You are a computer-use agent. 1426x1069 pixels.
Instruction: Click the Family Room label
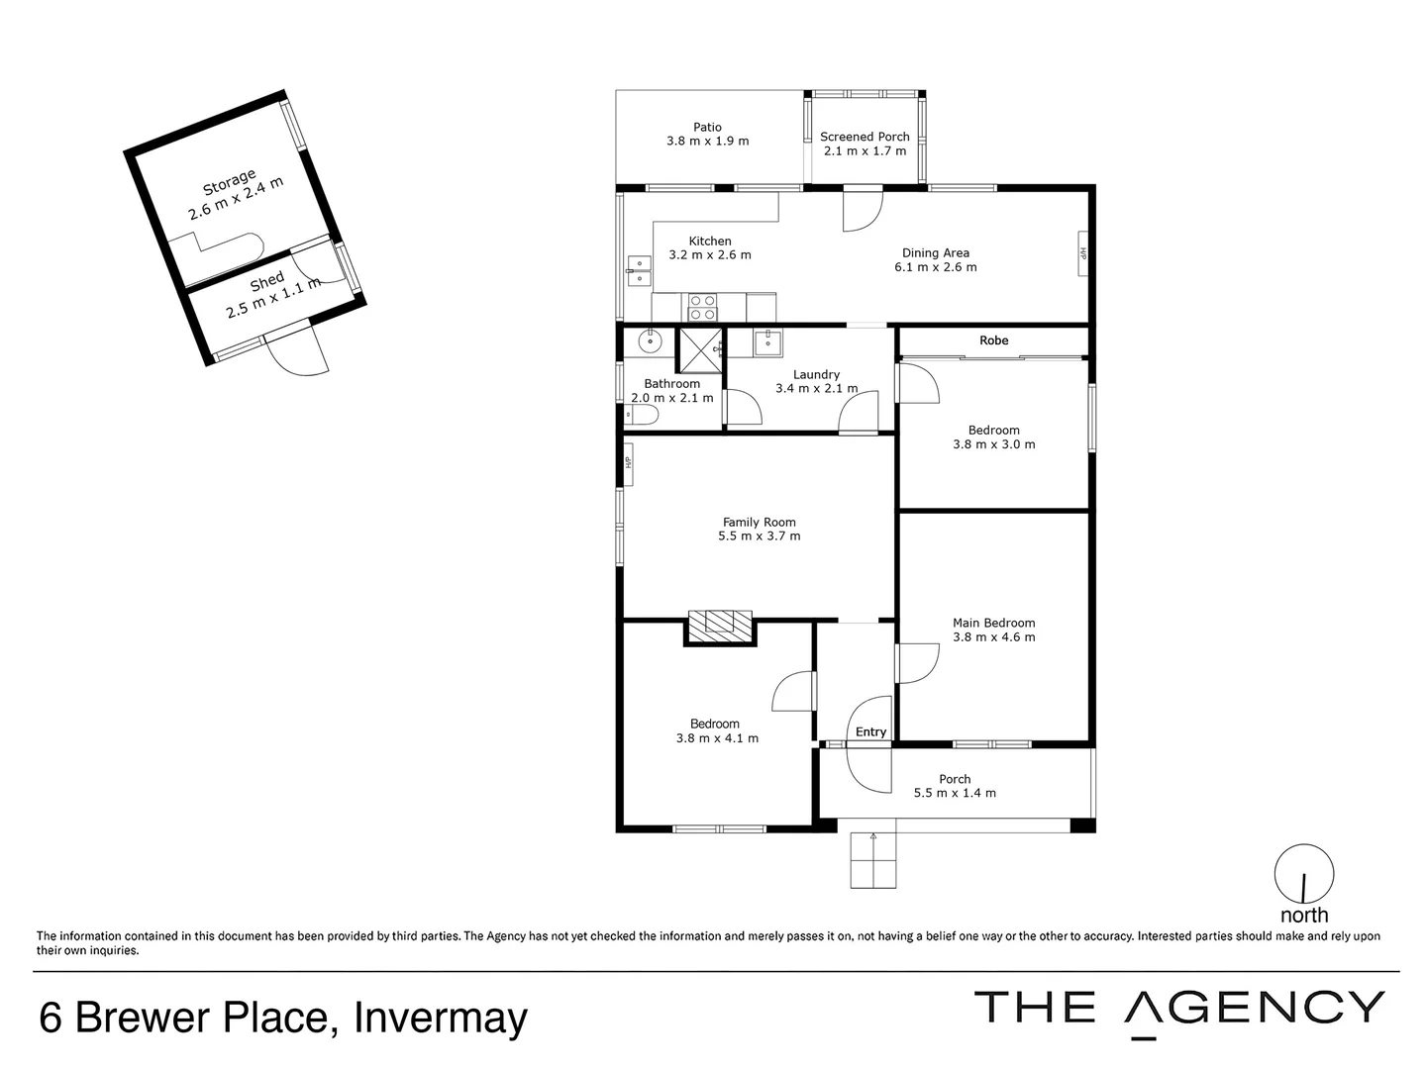(x=759, y=522)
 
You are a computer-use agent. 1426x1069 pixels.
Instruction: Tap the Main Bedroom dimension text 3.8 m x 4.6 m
(x=993, y=637)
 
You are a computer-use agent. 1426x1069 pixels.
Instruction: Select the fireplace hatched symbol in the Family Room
(x=720, y=624)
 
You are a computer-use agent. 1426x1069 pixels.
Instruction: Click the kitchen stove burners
(x=702, y=307)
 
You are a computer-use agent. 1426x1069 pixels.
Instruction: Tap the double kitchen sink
(x=638, y=270)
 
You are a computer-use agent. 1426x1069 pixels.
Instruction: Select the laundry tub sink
(x=767, y=343)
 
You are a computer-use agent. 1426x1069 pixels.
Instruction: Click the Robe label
(x=993, y=340)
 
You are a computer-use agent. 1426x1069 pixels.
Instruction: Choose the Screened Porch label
(x=865, y=137)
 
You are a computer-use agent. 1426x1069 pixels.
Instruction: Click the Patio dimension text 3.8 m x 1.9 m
(x=707, y=142)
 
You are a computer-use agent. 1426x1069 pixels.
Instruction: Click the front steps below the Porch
(x=873, y=860)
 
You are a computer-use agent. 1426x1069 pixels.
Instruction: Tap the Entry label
(x=870, y=732)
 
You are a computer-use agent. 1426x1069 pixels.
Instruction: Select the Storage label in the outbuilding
(x=229, y=182)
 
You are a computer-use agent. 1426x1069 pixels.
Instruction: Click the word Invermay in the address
(x=441, y=1018)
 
